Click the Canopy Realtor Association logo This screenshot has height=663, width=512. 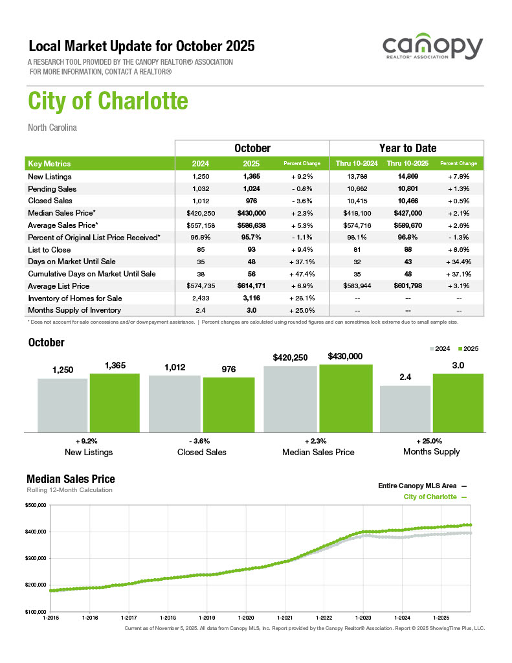[x=432, y=49]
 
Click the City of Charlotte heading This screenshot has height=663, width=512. [x=108, y=102]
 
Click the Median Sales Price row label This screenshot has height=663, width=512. [x=62, y=213]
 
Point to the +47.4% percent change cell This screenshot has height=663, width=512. [x=302, y=274]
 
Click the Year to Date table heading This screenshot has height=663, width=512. [x=407, y=148]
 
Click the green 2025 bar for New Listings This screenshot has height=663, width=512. [x=115, y=402]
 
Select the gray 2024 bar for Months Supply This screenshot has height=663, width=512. [x=405, y=409]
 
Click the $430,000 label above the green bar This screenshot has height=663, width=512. [x=345, y=357]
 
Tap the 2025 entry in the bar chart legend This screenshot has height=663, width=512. [x=467, y=349]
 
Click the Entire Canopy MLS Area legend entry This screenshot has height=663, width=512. [x=421, y=485]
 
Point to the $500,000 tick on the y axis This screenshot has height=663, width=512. [x=36, y=505]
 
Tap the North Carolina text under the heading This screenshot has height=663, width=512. [x=52, y=128]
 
